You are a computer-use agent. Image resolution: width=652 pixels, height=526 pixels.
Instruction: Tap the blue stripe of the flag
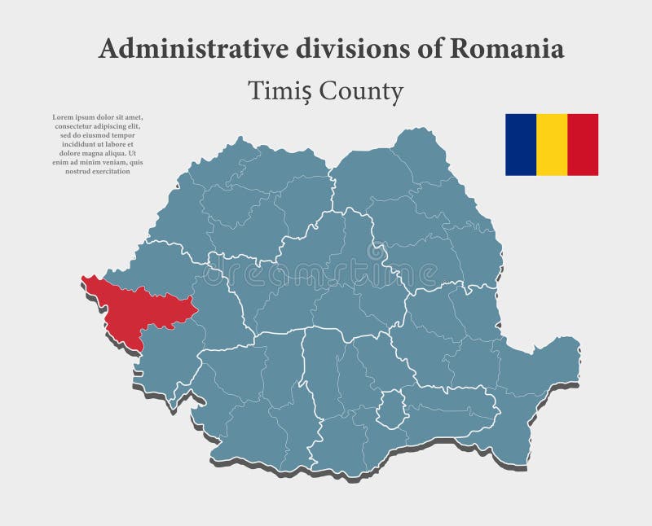pyautogui.click(x=520, y=145)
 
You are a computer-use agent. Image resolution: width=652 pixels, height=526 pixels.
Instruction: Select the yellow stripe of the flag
pyautogui.click(x=552, y=145)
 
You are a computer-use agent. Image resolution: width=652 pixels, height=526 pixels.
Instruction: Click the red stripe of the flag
pyautogui.click(x=583, y=145)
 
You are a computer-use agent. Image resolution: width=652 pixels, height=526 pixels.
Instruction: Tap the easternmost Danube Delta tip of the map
pyautogui.click(x=577, y=346)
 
